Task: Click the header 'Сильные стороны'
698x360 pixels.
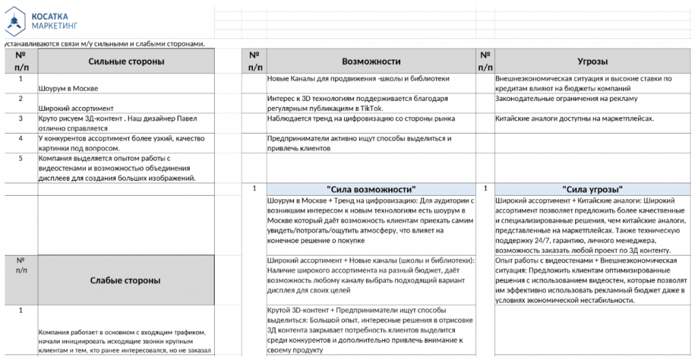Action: tap(126, 61)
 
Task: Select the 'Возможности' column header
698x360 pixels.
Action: tap(371, 61)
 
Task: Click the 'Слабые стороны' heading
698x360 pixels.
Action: tap(126, 280)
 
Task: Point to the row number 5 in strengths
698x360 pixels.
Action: tap(20, 158)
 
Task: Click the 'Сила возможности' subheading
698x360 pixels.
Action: tap(371, 189)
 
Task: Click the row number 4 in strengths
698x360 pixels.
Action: tap(20, 138)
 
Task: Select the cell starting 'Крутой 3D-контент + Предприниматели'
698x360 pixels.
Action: tap(371, 330)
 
